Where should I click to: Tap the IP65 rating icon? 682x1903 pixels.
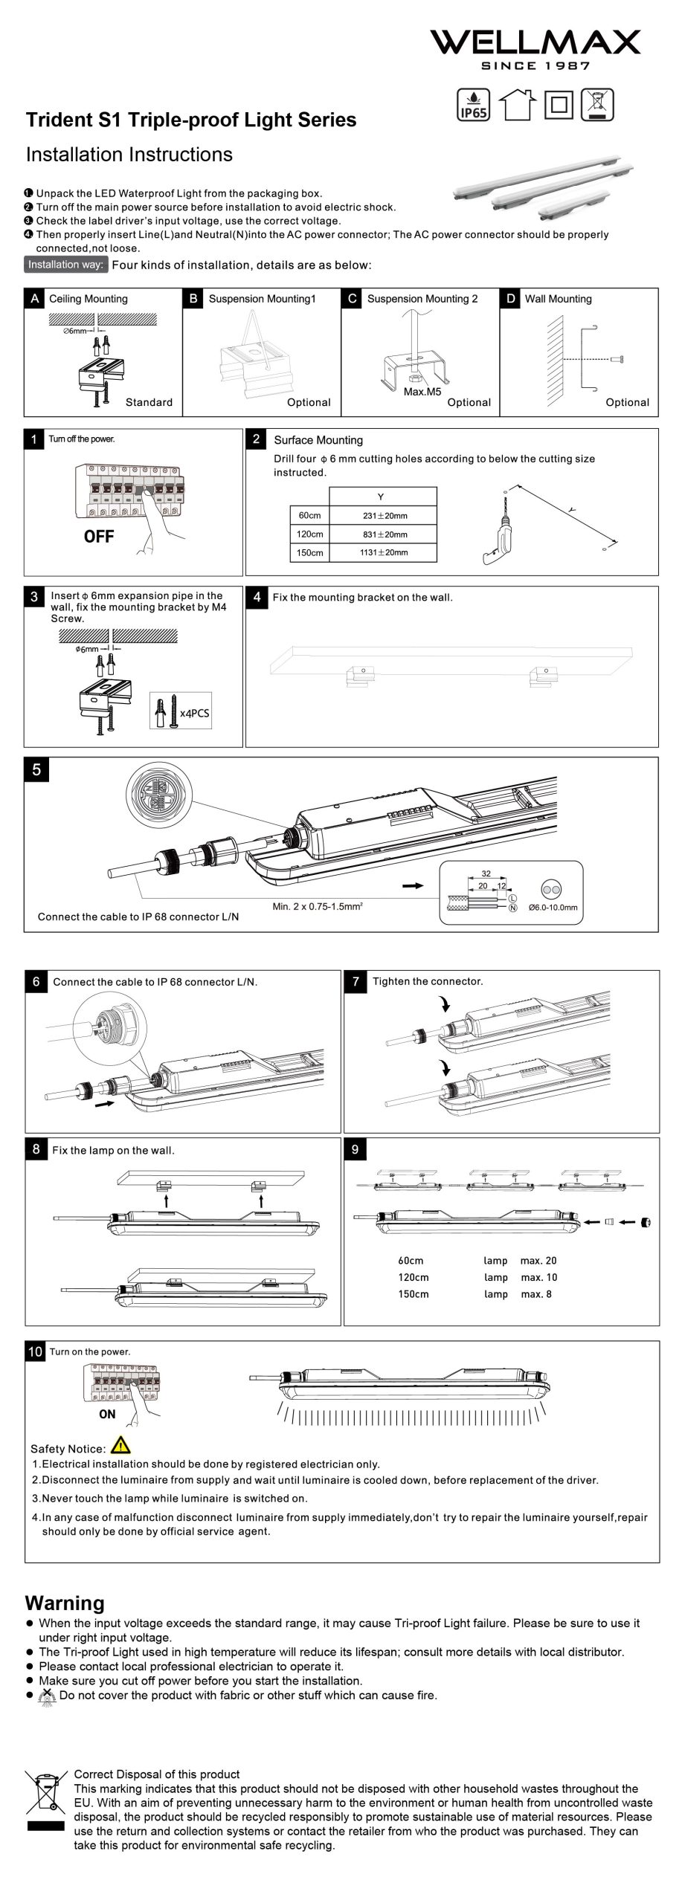[x=472, y=105]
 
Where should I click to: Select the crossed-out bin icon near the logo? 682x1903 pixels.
[x=598, y=104]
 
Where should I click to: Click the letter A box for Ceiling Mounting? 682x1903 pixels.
[x=35, y=299]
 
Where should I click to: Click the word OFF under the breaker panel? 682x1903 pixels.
[x=99, y=537]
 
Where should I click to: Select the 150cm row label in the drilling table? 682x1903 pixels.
[x=309, y=552]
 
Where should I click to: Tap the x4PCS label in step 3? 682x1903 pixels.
[x=194, y=713]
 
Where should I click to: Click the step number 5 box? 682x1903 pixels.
[x=37, y=769]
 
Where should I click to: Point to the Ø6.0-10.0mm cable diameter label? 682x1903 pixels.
[x=553, y=908]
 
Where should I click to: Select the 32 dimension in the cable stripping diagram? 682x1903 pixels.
[x=486, y=874]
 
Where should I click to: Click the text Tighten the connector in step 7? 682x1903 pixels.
[x=428, y=981]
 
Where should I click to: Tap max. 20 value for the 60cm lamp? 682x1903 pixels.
[x=538, y=1261]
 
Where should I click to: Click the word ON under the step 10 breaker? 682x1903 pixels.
[x=107, y=1415]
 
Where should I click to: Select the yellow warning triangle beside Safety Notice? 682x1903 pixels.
[x=120, y=1446]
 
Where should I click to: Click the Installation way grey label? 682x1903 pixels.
[x=66, y=265]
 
